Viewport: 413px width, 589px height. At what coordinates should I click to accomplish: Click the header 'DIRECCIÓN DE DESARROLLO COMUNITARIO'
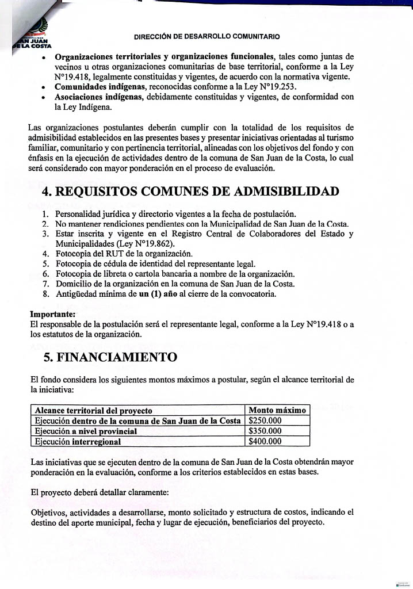tap(207, 36)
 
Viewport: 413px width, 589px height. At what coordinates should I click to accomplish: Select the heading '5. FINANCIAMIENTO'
tap(110, 357)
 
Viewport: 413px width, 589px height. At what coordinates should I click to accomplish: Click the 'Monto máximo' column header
tap(277, 410)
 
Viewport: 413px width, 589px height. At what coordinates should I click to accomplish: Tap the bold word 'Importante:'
tap(52, 314)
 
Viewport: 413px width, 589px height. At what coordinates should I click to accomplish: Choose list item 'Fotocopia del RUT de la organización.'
tap(124, 253)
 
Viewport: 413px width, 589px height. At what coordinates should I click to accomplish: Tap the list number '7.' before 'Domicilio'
tap(46, 284)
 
